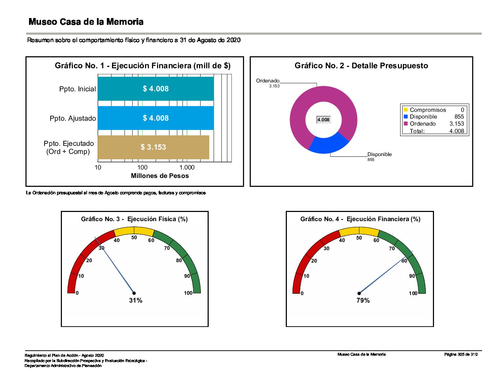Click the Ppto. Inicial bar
coord(156,88)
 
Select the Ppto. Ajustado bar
coord(156,118)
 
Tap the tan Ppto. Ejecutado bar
coord(153,147)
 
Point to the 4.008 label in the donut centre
coord(323,120)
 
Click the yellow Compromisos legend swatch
coord(406,110)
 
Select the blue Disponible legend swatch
coord(406,116)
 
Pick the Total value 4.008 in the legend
coord(457,131)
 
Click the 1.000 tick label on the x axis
coord(187,167)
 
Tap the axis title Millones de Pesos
coord(160,176)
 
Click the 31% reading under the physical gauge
coord(136,300)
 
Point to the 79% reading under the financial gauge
coord(363,300)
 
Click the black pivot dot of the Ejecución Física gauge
coord(134,293)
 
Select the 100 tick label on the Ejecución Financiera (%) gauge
coord(413,293)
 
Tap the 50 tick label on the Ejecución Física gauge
coord(134,237)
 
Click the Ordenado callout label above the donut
coord(268,81)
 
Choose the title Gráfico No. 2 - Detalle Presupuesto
coord(361,65)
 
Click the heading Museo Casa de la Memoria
coord(86,22)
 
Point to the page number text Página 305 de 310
coord(461,354)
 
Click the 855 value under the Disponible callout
coord(371,160)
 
